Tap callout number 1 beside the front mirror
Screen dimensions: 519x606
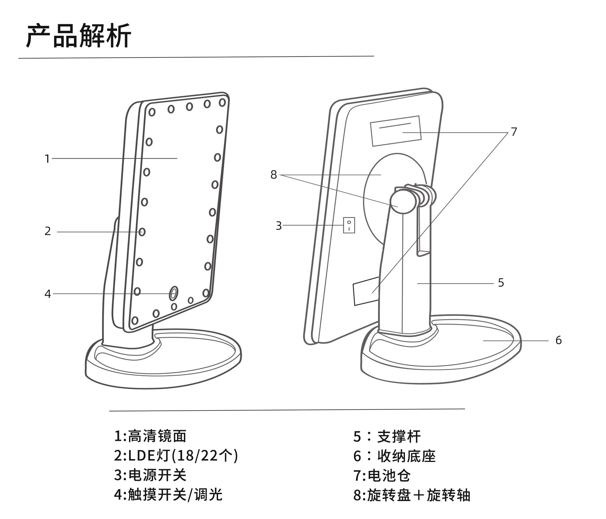pos(47,159)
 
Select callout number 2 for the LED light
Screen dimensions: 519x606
pos(48,231)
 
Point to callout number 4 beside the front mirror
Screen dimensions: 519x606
pos(48,294)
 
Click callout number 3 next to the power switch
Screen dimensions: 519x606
pos(278,226)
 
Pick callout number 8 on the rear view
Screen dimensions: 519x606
pos(274,175)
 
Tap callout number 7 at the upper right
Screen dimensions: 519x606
pos(514,132)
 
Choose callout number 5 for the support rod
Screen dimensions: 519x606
pos(501,283)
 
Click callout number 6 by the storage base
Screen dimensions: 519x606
pos(558,340)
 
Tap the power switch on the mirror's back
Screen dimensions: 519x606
pos(349,225)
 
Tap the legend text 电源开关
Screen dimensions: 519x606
pos(157,475)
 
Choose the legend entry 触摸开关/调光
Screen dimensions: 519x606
pos(175,494)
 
